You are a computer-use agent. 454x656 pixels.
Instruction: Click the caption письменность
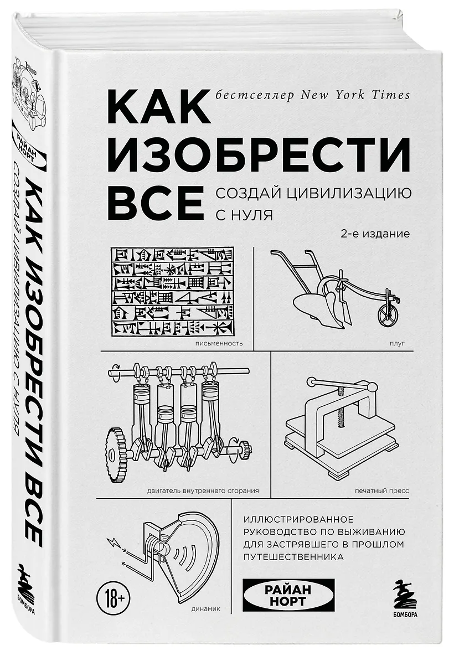click(219, 344)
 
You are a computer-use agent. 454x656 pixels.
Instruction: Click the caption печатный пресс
click(381, 490)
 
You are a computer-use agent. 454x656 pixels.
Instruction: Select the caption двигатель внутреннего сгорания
click(203, 490)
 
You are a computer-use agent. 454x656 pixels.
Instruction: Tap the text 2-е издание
click(375, 234)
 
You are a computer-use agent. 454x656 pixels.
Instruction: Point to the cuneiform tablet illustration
click(172, 291)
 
